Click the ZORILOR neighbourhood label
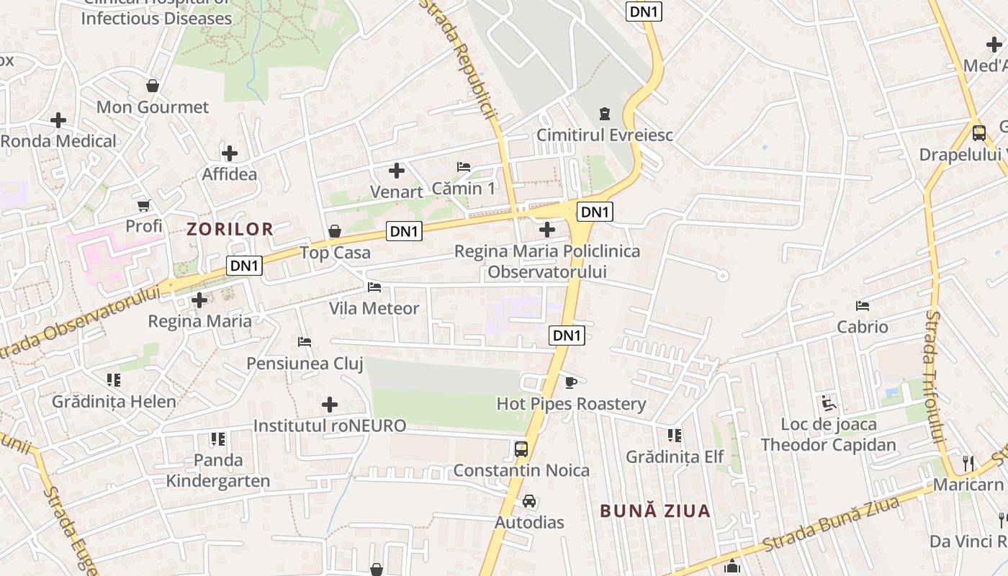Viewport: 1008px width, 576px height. point(230,230)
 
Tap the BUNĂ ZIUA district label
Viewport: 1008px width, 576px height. point(655,511)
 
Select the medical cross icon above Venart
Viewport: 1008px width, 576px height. point(396,171)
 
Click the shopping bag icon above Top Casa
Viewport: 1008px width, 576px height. point(335,231)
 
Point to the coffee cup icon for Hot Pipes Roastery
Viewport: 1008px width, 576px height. point(571,382)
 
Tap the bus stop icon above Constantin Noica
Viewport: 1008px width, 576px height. point(521,449)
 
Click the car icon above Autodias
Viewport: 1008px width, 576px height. point(529,501)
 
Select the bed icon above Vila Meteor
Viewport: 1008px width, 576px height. point(374,287)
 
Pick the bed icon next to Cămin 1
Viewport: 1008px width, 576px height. point(464,167)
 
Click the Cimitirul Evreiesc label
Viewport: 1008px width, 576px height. point(605,135)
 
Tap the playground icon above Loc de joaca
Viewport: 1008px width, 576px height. point(829,403)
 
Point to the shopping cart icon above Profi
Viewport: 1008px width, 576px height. point(144,205)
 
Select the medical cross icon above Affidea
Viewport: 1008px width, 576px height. point(230,153)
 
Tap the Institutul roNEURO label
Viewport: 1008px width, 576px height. point(330,426)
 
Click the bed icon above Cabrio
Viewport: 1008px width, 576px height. point(863,306)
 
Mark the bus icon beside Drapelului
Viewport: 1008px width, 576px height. point(979,133)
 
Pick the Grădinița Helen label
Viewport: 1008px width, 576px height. point(114,401)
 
